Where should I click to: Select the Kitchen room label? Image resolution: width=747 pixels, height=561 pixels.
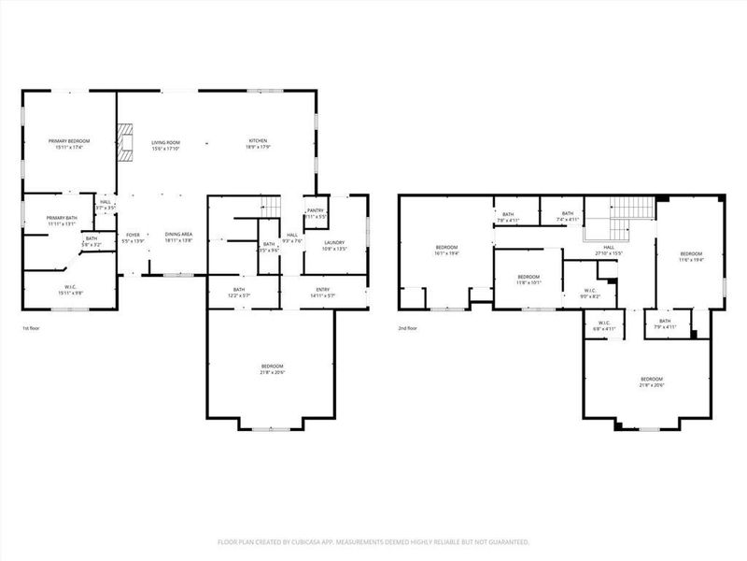pyautogui.click(x=258, y=144)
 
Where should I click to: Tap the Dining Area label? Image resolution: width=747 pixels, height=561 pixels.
pyautogui.click(x=178, y=237)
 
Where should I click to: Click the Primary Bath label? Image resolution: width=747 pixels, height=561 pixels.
pyautogui.click(x=62, y=221)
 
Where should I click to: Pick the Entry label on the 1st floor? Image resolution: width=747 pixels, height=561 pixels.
pyautogui.click(x=323, y=293)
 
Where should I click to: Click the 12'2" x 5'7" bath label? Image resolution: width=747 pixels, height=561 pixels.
pyautogui.click(x=239, y=293)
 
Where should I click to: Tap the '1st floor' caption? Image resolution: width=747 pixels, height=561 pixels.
pyautogui.click(x=31, y=329)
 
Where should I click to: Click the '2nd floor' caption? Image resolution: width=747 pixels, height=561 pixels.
pyautogui.click(x=408, y=329)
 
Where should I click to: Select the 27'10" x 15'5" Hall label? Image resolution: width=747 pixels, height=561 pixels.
pyautogui.click(x=609, y=251)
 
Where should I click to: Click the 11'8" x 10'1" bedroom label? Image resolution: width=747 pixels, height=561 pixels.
pyautogui.click(x=529, y=279)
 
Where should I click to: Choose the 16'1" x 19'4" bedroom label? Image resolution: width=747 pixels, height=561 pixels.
pyautogui.click(x=445, y=251)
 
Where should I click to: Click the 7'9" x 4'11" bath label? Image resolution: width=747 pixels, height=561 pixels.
pyautogui.click(x=663, y=324)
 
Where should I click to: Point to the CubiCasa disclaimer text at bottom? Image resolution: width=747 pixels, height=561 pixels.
pyautogui.click(x=373, y=541)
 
